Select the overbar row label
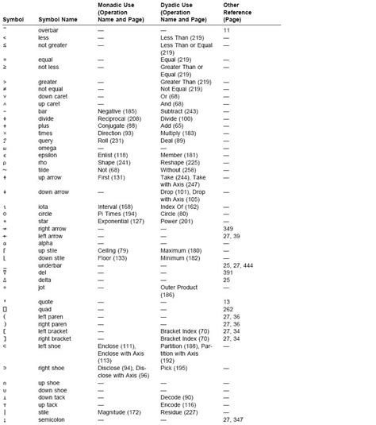[49, 29]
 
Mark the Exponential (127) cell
[121, 221]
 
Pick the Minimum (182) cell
[179, 258]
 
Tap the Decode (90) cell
[176, 396]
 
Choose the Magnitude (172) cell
[119, 411]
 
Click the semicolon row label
[52, 419]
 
